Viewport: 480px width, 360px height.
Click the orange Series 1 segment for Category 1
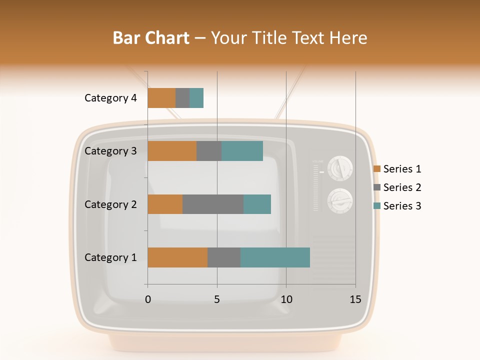click(177, 257)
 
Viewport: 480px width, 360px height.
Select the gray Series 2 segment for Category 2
click(213, 204)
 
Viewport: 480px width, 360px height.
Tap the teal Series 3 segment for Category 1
click(275, 257)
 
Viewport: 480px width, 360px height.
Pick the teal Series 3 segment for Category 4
click(196, 98)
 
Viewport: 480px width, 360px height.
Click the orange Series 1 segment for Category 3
click(172, 151)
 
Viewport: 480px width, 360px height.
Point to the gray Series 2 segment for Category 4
click(182, 98)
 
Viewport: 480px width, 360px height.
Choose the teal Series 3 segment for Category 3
click(242, 151)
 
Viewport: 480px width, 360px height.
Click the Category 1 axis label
click(110, 257)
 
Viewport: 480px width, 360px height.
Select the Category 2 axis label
click(110, 204)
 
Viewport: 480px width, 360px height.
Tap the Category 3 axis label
click(110, 151)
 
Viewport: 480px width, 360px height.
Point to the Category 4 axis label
click(110, 98)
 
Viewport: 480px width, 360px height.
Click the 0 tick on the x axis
click(148, 299)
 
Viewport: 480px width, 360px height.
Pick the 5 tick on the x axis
click(217, 299)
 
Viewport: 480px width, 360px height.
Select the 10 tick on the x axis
click(286, 299)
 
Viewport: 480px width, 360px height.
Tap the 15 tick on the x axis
click(355, 299)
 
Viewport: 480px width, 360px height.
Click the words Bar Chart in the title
click(151, 38)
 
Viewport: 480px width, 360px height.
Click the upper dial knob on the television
click(340, 168)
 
